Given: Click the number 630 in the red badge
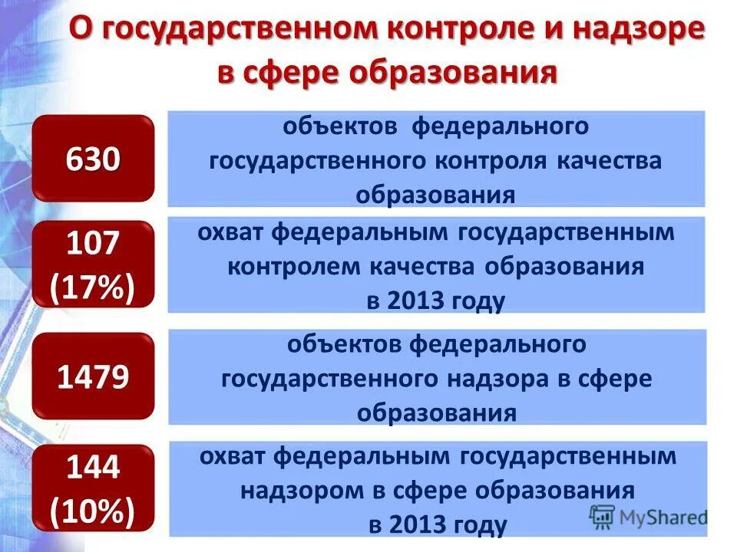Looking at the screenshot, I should [x=93, y=159].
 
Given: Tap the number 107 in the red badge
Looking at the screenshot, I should [x=93, y=244].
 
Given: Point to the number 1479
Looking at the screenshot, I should [x=93, y=377].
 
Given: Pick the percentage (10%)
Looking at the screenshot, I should [x=93, y=509].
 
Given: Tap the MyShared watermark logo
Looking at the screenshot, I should [x=649, y=516].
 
